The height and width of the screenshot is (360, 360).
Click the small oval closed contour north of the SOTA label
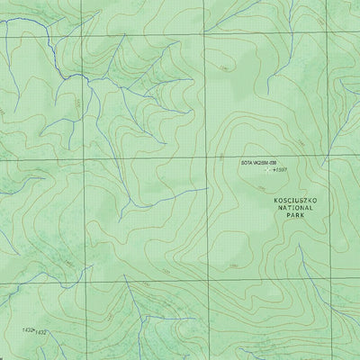222,65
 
